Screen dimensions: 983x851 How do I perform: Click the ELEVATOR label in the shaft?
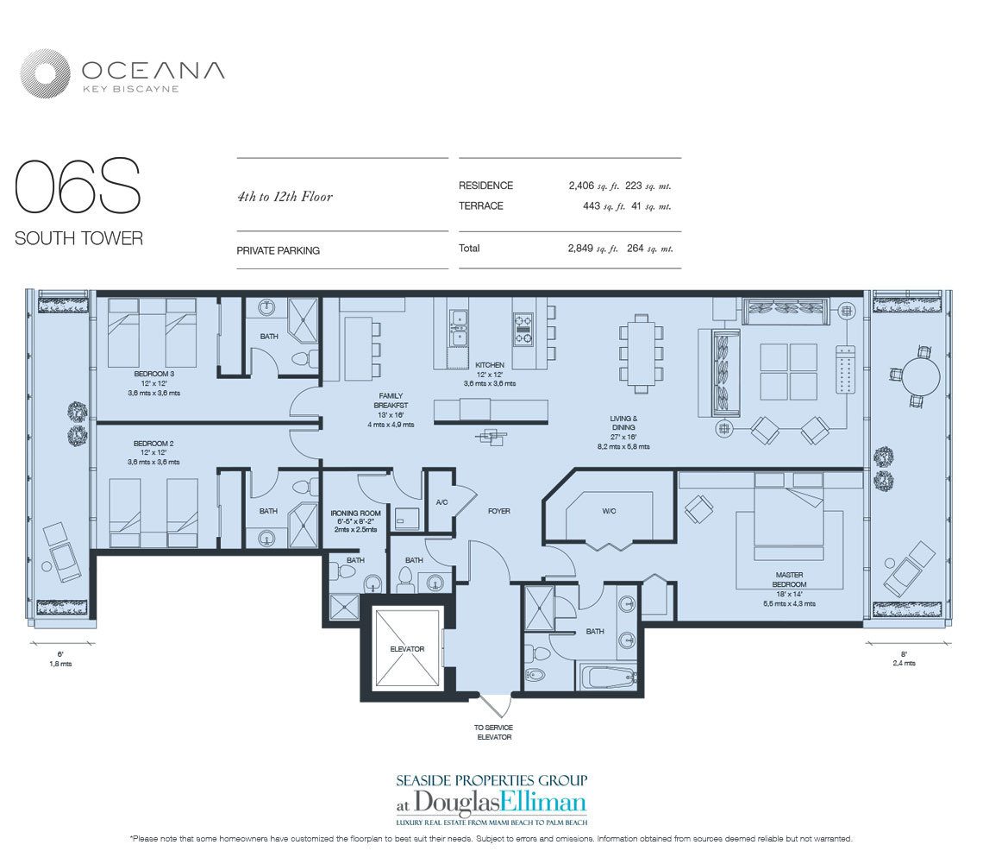[x=407, y=649]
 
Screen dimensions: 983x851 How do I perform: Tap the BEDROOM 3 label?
[x=153, y=374]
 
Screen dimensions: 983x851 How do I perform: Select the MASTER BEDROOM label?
[x=789, y=579]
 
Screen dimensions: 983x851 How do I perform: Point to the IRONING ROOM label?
[x=355, y=514]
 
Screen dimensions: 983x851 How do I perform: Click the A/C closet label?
[x=441, y=502]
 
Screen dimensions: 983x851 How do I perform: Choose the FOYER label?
[x=499, y=511]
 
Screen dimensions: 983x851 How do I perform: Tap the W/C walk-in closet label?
[x=609, y=511]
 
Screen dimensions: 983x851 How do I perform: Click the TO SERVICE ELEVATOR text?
[x=494, y=733]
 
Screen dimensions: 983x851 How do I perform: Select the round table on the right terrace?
[x=920, y=376]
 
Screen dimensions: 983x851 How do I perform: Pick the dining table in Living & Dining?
[x=641, y=353]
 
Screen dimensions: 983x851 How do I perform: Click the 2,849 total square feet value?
[x=580, y=248]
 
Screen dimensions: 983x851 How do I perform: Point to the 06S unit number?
[x=78, y=186]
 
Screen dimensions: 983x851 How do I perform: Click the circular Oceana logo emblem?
[x=44, y=74]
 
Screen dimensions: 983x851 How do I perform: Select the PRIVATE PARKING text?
[x=278, y=250]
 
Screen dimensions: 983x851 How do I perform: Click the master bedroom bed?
[x=789, y=514]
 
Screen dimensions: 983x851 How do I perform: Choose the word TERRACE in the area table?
[x=481, y=206]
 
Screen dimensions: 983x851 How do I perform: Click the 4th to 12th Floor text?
[x=285, y=197]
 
